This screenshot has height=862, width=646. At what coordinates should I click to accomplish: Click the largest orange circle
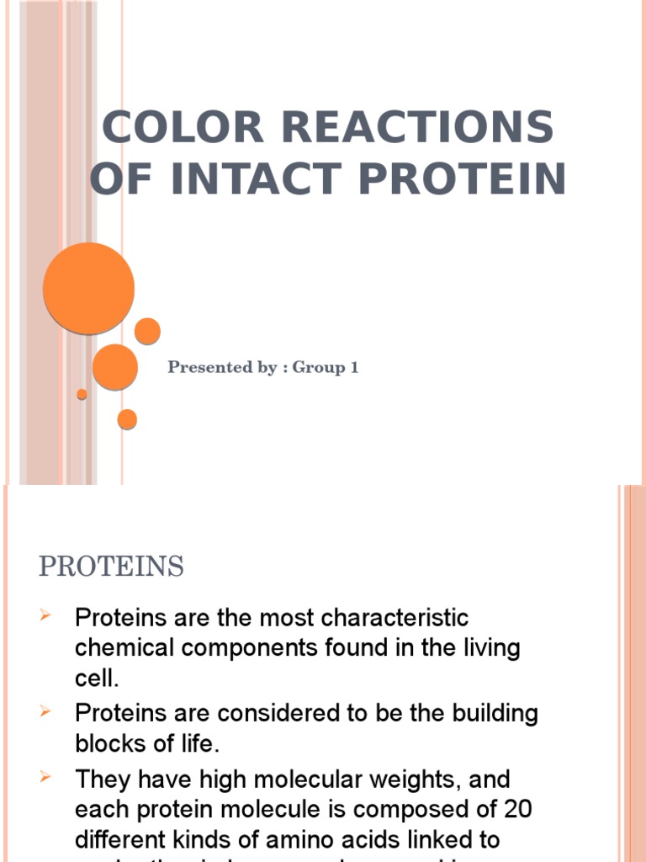click(88, 288)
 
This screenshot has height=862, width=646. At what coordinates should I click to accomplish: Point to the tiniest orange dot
click(82, 394)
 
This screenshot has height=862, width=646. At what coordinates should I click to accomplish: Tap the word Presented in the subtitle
click(209, 368)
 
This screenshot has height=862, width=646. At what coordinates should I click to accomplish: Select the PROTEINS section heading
click(111, 567)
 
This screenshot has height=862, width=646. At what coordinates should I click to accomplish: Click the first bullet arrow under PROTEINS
click(47, 618)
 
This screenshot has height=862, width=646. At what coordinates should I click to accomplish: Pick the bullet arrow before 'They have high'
click(47, 778)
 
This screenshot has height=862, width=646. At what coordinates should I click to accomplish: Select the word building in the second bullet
click(487, 714)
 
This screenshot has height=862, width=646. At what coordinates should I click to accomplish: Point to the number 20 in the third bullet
click(515, 809)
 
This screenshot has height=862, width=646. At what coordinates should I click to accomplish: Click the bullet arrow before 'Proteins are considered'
click(47, 713)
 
